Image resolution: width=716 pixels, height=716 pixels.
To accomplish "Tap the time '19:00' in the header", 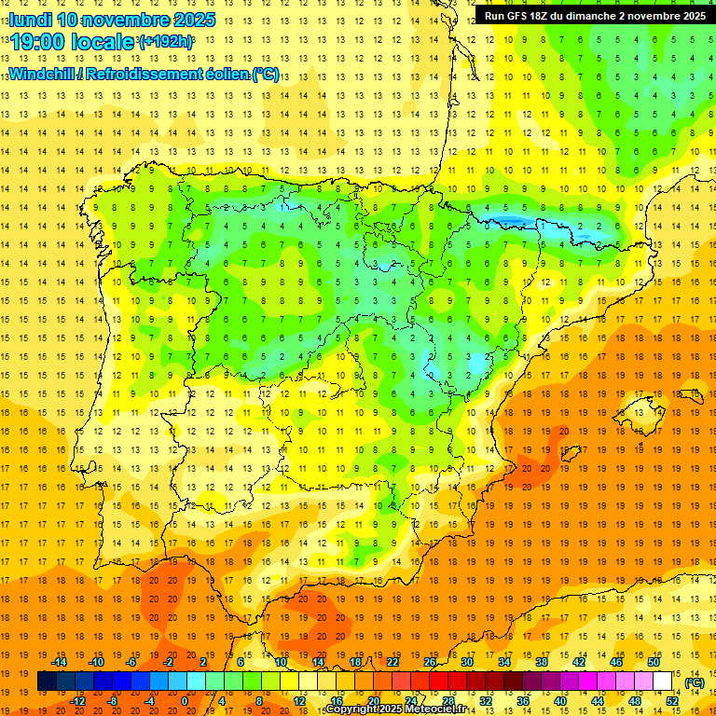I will pos(38,42).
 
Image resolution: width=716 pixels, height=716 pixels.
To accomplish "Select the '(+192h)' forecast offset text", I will pos(166,42).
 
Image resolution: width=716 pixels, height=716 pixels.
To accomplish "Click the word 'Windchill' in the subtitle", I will pos(41,74).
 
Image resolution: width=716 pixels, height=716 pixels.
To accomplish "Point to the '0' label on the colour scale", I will pos(185,701).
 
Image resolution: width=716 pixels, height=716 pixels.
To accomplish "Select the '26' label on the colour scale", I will pos(430,662).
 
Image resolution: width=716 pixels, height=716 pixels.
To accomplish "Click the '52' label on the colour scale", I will pos(672,701).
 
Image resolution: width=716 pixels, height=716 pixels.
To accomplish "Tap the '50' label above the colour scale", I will pos(654,662).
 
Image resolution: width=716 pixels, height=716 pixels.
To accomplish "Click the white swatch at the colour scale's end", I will pos(663,682).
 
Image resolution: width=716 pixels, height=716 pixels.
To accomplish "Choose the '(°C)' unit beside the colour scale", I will pos(695,682).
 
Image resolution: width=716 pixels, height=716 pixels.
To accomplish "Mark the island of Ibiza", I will pos(563,452).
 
